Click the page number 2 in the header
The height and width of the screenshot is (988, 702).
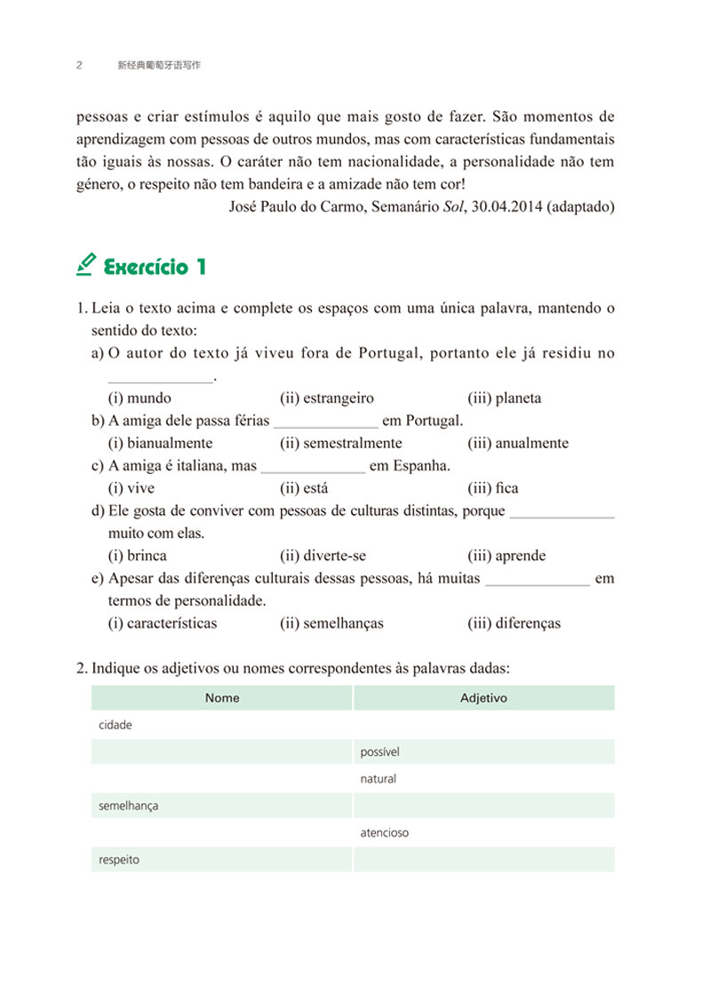[x=80, y=66]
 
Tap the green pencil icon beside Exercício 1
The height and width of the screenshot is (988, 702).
[x=86, y=264]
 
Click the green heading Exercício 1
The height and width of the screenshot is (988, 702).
[x=156, y=266]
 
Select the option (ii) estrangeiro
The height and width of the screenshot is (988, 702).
[x=327, y=398]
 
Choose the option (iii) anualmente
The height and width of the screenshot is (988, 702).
[x=518, y=443]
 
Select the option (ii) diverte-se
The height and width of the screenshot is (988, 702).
[x=323, y=556]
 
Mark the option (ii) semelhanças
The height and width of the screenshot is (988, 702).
[x=331, y=623]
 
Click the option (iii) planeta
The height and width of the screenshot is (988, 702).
[x=504, y=398]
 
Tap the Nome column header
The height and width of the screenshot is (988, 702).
[x=222, y=698]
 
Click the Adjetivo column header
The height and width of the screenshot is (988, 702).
[x=483, y=698]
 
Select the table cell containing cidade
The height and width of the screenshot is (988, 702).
[x=222, y=725]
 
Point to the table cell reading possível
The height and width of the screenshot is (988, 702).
[x=483, y=752]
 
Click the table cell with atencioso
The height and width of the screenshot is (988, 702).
[x=483, y=833]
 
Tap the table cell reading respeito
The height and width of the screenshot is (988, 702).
[x=222, y=860]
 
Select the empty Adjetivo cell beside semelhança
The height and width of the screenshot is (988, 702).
[x=483, y=807]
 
